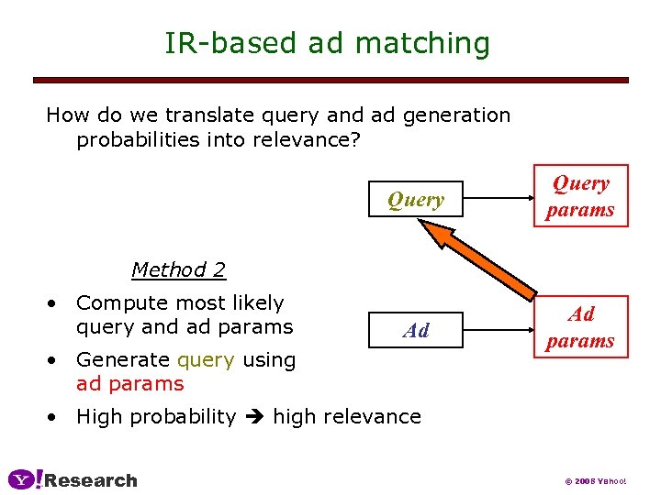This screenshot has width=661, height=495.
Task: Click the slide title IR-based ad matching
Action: [x=327, y=43]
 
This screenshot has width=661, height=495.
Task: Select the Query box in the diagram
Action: [x=415, y=200]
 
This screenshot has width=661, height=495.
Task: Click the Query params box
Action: [x=580, y=196]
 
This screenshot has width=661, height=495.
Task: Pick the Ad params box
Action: [x=580, y=327]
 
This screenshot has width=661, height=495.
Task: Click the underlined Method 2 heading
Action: [x=178, y=270]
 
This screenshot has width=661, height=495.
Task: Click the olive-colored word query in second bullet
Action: [x=207, y=360]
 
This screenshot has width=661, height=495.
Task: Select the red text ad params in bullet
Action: [x=129, y=384]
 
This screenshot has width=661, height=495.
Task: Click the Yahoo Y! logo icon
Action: [x=25, y=479]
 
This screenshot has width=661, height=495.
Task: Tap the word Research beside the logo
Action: [x=91, y=480]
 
